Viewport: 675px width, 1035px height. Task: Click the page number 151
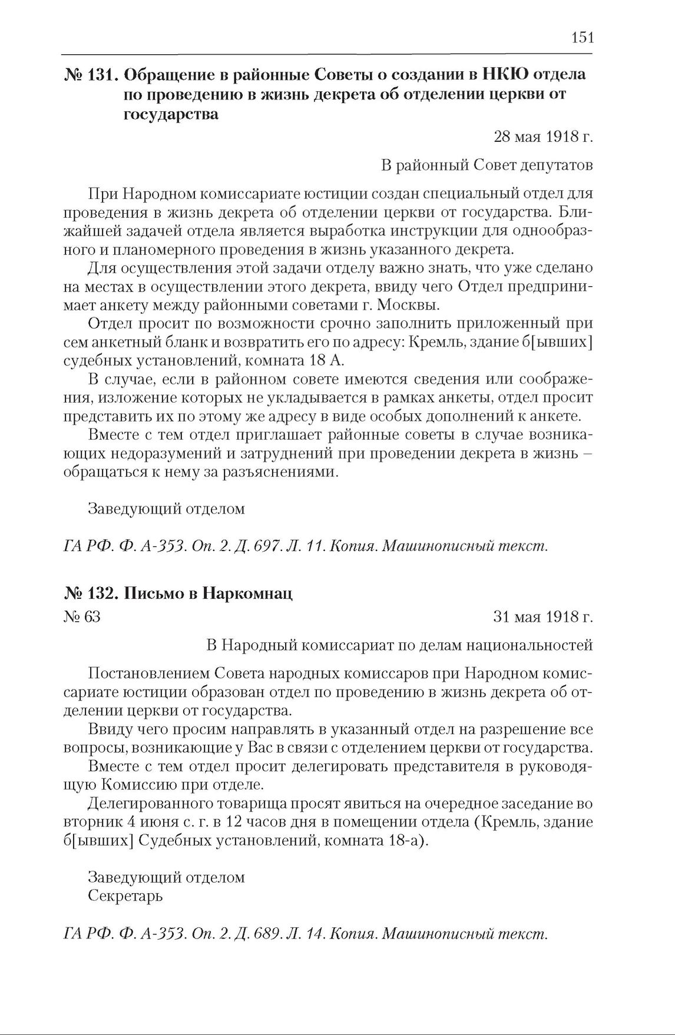coord(582,38)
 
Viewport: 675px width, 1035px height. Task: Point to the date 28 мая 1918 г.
coord(542,137)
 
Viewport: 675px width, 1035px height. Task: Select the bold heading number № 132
coord(91,594)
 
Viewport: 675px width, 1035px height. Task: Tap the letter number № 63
coord(82,617)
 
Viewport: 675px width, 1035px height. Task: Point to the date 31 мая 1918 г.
coord(542,617)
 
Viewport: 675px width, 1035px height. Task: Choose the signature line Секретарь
coord(125,896)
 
